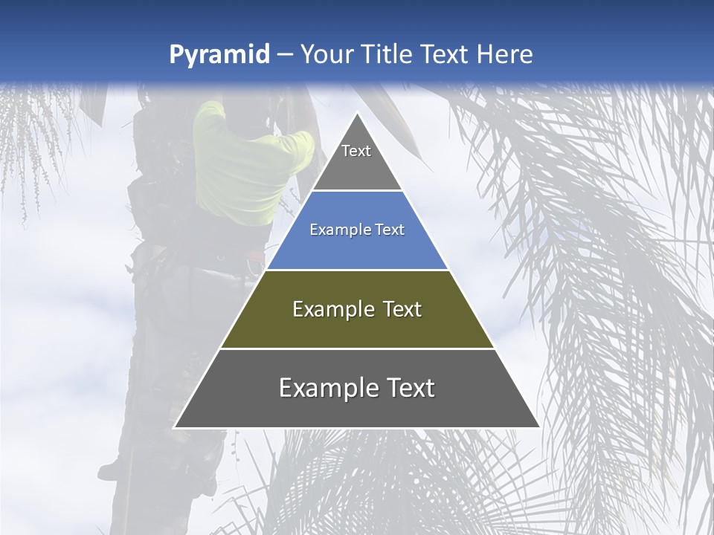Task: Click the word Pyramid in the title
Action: [x=219, y=55]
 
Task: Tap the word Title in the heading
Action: [x=388, y=55]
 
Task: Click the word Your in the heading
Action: [x=327, y=55]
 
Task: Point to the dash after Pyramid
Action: [x=284, y=55]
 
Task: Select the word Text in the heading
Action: [x=446, y=55]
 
